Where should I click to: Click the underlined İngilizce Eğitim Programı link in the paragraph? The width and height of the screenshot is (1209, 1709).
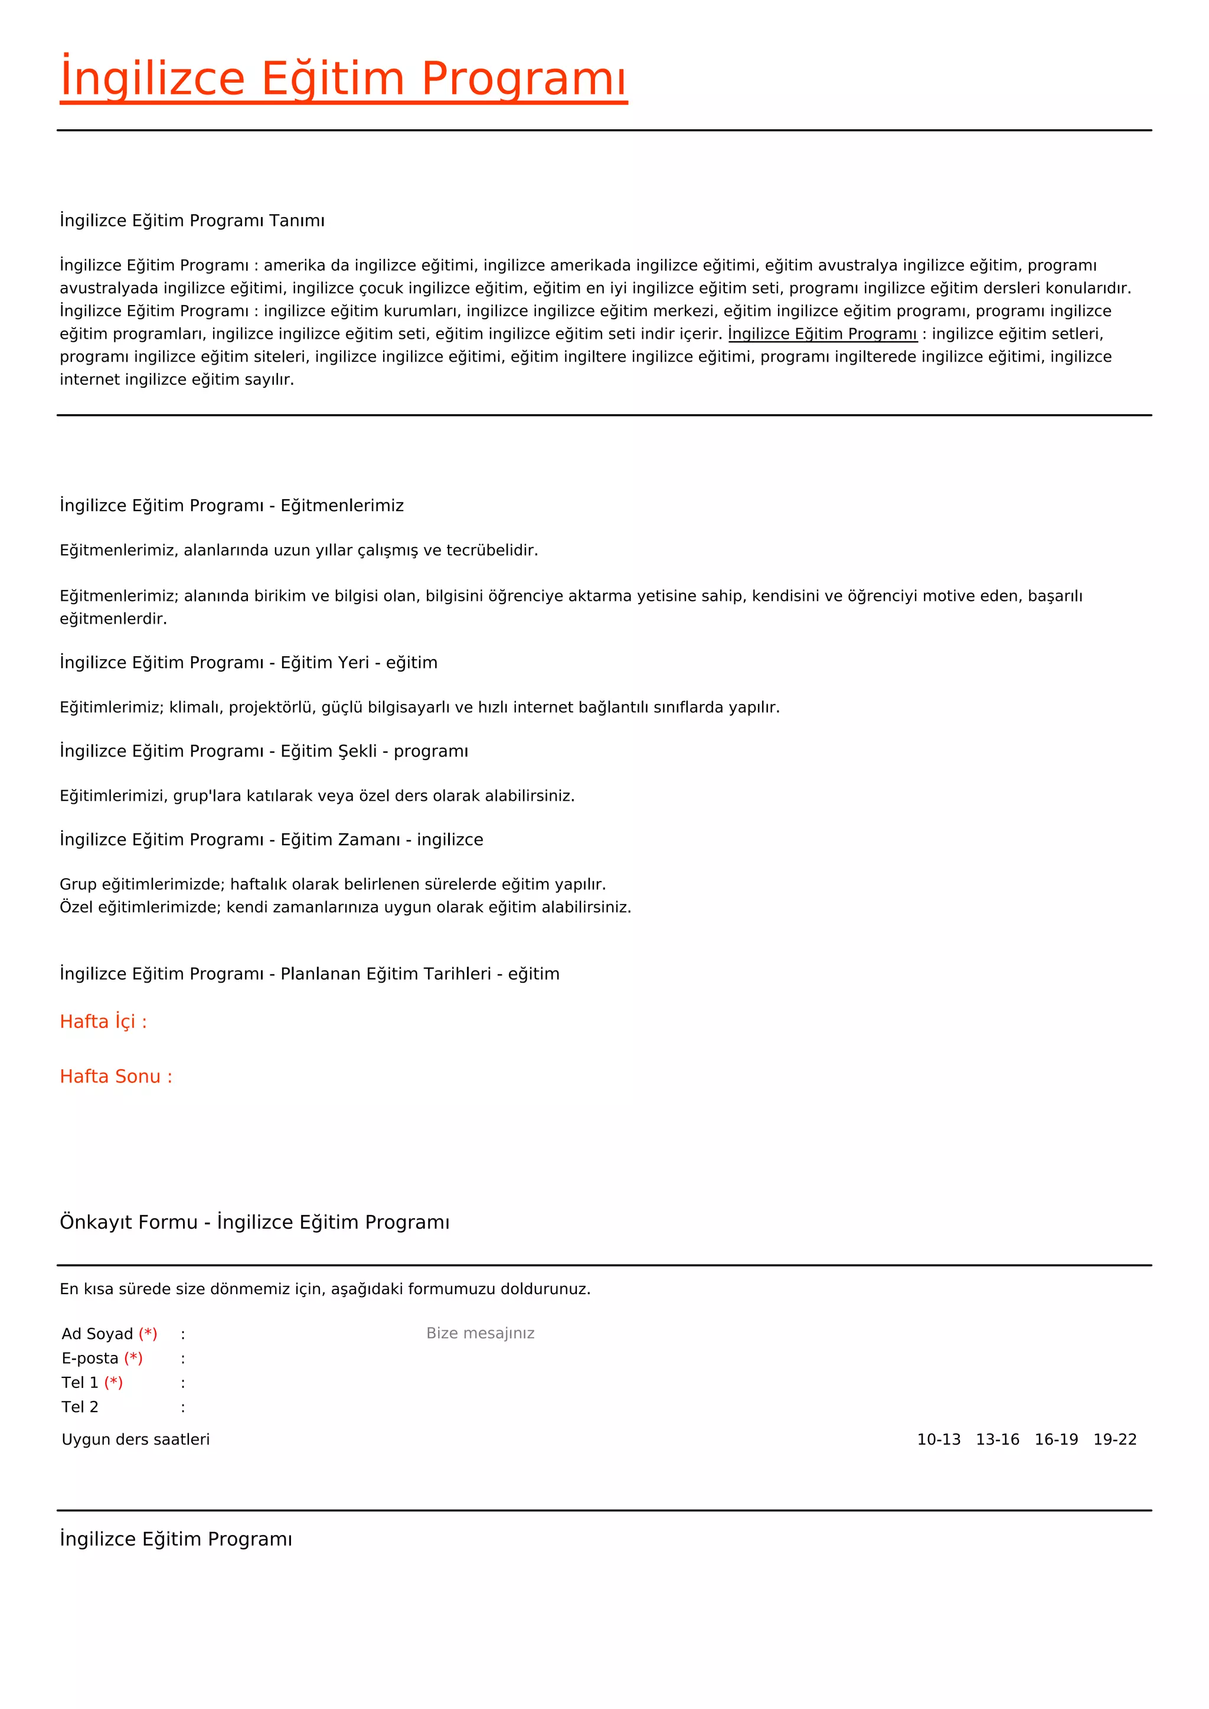pyautogui.click(x=822, y=333)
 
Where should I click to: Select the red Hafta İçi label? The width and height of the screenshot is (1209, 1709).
pyautogui.click(x=103, y=1022)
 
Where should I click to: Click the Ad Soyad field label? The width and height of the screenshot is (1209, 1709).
pyautogui.click(x=97, y=1334)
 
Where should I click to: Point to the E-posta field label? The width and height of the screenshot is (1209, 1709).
pyautogui.click(x=90, y=1358)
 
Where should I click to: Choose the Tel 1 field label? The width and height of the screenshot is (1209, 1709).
pyautogui.click(x=80, y=1383)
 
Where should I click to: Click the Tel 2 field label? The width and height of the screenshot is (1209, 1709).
pyautogui.click(x=80, y=1407)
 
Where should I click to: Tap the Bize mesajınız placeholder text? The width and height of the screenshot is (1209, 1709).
pyautogui.click(x=480, y=1333)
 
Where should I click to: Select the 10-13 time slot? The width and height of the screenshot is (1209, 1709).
pyautogui.click(x=939, y=1439)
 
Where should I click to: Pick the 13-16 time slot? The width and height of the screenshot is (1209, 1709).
pyautogui.click(x=998, y=1439)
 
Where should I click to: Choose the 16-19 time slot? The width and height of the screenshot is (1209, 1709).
pyautogui.click(x=1056, y=1439)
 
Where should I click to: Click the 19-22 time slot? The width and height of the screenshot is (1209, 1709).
pyautogui.click(x=1115, y=1439)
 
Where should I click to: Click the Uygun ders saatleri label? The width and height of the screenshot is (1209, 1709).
pyautogui.click(x=136, y=1439)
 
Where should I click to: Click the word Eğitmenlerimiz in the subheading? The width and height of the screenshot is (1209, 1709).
pyautogui.click(x=342, y=505)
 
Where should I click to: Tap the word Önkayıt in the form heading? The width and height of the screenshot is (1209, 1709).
pyautogui.click(x=92, y=1222)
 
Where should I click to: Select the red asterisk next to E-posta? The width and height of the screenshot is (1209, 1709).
pyautogui.click(x=133, y=1358)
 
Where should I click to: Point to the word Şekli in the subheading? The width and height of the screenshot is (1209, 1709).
pyautogui.click(x=357, y=751)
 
